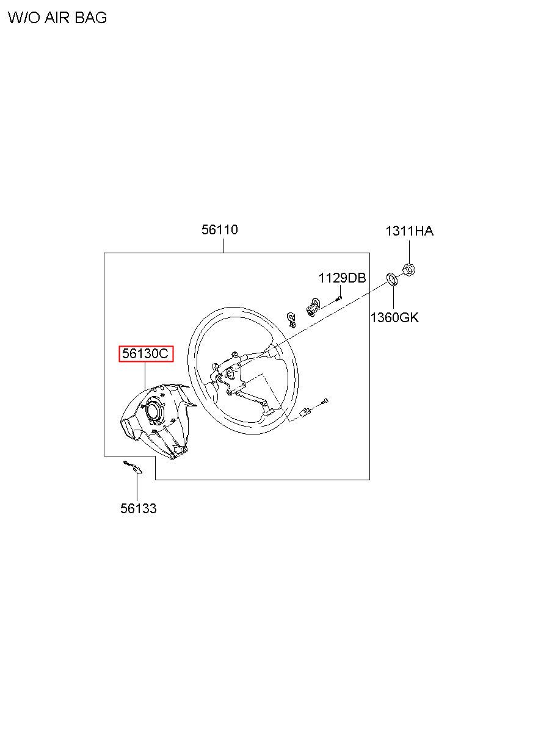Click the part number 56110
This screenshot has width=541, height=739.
point(219,229)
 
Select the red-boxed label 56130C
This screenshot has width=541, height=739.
point(146,354)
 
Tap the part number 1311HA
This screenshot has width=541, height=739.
point(409,231)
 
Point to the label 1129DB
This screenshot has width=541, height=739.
point(343,278)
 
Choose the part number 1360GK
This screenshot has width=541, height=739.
point(394,318)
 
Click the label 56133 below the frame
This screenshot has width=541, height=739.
point(139,508)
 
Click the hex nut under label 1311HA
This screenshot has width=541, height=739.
point(409,270)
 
